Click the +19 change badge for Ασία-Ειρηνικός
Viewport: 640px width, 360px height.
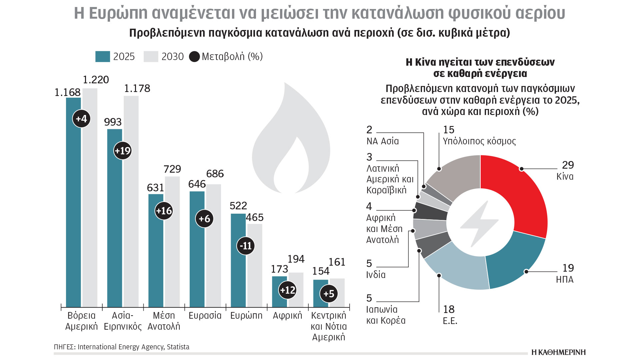click(x=123, y=151)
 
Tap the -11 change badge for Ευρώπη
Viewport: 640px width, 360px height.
click(x=246, y=246)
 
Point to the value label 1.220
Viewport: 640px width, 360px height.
click(x=96, y=80)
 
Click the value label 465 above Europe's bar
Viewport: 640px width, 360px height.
click(x=255, y=218)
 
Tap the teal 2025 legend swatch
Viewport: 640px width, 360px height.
click(x=102, y=57)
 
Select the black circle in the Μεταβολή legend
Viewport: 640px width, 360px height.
click(x=194, y=57)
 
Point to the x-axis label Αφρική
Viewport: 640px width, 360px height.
click(x=287, y=316)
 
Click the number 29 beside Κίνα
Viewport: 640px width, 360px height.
click(x=568, y=165)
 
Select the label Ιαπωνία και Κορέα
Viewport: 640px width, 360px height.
click(x=386, y=315)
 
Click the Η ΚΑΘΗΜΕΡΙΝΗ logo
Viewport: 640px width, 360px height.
click(x=558, y=352)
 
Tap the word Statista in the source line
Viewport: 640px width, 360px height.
click(x=178, y=347)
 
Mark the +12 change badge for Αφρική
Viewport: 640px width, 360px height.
click(x=287, y=290)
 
